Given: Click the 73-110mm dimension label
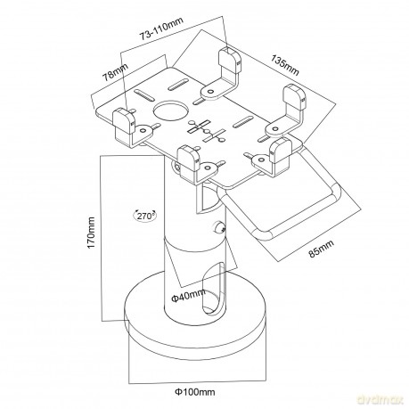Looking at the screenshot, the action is pyautogui.click(x=162, y=29).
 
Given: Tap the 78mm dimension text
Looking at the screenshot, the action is pyautogui.click(x=115, y=72).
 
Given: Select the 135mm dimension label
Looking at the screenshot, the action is pyautogui.click(x=284, y=65).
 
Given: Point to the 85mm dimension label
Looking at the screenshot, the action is pyautogui.click(x=321, y=249).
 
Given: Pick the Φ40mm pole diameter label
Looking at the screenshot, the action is pyautogui.click(x=188, y=296).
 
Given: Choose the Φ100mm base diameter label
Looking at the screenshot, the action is pyautogui.click(x=195, y=392).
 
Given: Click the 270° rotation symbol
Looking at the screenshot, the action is pyautogui.click(x=145, y=216).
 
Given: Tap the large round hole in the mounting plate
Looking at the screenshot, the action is pyautogui.click(x=171, y=110).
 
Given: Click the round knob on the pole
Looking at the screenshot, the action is pyautogui.click(x=219, y=227).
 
